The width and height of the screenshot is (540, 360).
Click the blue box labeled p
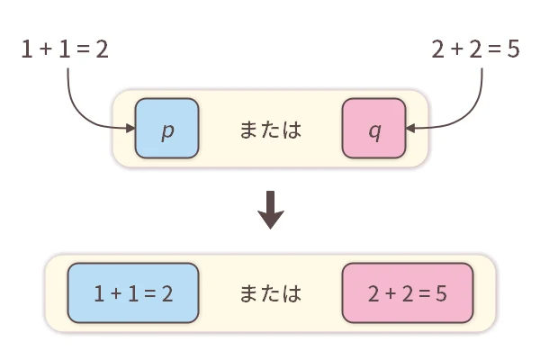coord(166,129)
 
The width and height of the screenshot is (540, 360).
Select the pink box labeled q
coord(373,129)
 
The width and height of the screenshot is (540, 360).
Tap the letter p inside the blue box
coord(166,130)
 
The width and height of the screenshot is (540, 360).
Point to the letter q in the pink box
coord(373,130)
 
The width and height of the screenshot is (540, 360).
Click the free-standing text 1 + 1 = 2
coord(64,50)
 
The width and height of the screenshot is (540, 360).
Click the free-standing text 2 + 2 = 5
coord(475,50)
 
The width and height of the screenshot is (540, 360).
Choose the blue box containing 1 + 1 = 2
coord(132,293)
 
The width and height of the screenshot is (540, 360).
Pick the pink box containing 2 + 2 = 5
coord(408,293)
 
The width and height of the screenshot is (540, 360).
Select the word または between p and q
coord(270,130)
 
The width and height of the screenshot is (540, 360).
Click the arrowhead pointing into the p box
coord(130,129)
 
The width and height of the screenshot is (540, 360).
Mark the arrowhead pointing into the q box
coord(410,129)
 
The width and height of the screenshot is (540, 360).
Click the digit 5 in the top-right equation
coord(513,50)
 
